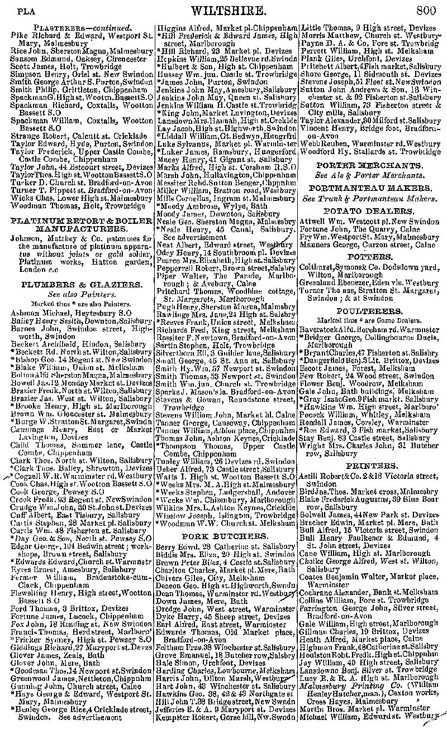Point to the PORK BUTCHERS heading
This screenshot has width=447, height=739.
click(x=226, y=536)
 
